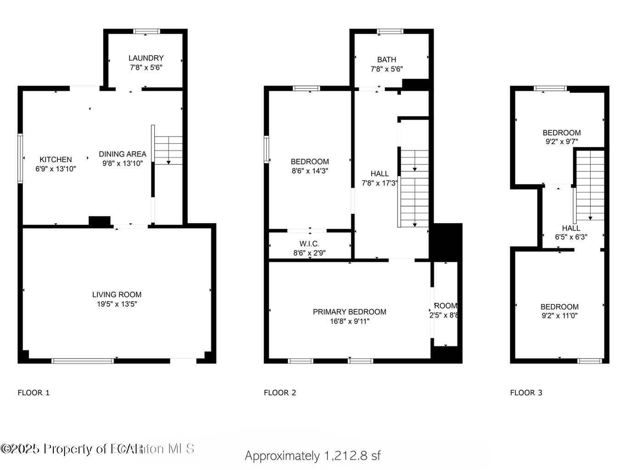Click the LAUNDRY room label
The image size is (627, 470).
tap(146, 58)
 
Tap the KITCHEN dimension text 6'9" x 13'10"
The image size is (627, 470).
tap(56, 169)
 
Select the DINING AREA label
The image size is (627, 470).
tap(123, 154)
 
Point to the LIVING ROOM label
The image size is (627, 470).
tap(117, 295)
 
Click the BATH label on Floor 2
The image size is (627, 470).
tap(386, 60)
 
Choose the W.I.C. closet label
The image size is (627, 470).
tap(309, 244)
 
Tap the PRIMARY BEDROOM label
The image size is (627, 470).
tap(350, 312)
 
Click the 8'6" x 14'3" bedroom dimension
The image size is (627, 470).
tap(310, 171)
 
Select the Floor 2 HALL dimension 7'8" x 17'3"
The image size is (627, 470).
tap(379, 183)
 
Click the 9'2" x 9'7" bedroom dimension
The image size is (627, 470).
tap(561, 142)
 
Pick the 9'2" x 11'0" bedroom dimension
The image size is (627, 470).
tap(559, 316)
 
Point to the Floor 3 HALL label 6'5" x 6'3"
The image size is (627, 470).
tap(571, 233)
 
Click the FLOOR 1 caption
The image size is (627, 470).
tap(34, 392)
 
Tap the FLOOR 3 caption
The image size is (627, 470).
tap(526, 392)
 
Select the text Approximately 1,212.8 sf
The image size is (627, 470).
tap(313, 456)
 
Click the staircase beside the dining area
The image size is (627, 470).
tap(168, 150)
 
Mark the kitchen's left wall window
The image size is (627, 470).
tap(20, 158)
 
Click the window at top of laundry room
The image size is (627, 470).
tap(147, 32)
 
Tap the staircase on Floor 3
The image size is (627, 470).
tap(590, 186)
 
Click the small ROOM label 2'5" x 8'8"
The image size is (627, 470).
tap(445, 310)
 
